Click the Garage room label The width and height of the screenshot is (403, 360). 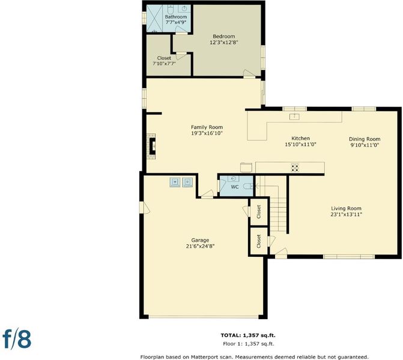(200, 241)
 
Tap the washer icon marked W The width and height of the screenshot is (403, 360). (175, 182)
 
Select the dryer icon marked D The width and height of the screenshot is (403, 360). (187, 182)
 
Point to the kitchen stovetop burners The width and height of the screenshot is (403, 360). (295, 167)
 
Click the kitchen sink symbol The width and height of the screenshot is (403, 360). (294, 116)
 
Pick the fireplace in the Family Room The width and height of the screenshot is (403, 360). (151, 146)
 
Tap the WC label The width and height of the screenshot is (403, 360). (235, 187)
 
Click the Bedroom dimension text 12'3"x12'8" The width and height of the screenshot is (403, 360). (223, 43)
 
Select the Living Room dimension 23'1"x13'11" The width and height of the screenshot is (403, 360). (346, 214)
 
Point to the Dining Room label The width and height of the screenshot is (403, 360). (365, 139)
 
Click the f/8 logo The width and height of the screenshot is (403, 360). (17, 339)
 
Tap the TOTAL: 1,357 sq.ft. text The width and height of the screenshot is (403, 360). (248, 335)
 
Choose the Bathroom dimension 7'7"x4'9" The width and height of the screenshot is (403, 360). (176, 23)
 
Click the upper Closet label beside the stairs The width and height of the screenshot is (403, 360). (259, 211)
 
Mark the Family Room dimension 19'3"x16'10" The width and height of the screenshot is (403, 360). (207, 133)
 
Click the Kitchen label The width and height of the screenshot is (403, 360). (300, 138)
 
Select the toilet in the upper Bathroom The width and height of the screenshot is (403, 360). (171, 9)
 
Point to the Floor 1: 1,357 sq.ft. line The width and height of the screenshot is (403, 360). (248, 344)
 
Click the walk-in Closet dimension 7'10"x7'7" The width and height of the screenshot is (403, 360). (164, 64)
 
